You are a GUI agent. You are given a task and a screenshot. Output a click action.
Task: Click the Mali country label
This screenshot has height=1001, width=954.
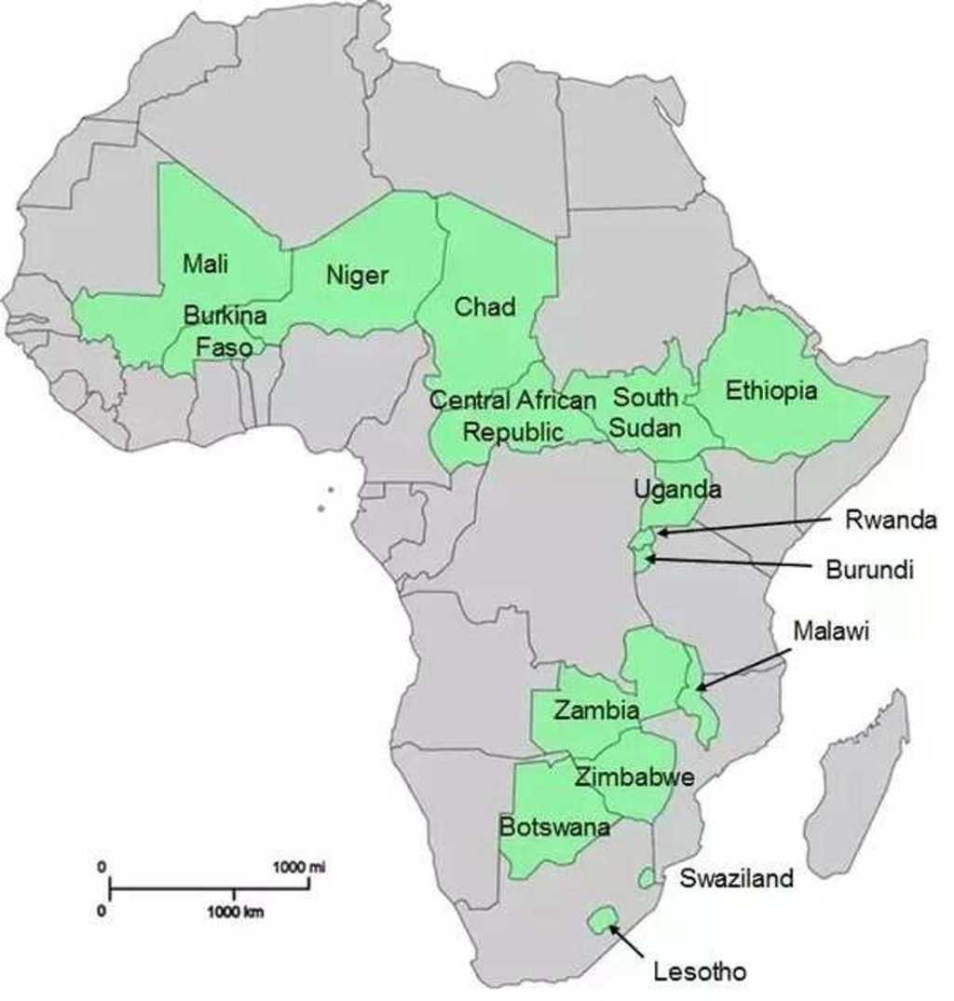click(205, 264)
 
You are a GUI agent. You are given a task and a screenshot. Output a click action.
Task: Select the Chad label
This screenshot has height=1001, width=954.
click(484, 306)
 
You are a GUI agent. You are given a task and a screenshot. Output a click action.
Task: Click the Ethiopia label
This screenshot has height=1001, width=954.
click(771, 391)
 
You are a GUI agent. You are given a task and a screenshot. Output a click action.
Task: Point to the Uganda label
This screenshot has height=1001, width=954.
click(676, 489)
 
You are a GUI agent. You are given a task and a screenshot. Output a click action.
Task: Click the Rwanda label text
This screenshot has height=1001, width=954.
click(890, 521)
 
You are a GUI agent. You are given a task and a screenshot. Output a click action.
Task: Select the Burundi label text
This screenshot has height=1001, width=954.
click(870, 569)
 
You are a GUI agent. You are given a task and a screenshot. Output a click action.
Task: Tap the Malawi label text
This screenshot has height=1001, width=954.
click(831, 631)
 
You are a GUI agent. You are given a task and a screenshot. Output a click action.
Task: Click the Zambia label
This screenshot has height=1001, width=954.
click(596, 710)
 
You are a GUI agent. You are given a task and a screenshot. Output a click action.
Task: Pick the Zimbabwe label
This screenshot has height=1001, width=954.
click(634, 778)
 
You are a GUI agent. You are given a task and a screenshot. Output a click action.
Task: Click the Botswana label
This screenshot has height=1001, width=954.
click(554, 827)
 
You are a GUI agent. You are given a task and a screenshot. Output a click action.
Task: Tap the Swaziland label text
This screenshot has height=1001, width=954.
click(736, 877)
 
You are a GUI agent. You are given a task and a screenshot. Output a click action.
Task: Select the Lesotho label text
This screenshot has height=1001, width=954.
click(700, 973)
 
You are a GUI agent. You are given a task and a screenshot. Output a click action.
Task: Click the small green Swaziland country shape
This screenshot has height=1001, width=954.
click(646, 878)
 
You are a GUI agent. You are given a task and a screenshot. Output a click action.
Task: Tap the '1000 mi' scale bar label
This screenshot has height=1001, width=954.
click(299, 867)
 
